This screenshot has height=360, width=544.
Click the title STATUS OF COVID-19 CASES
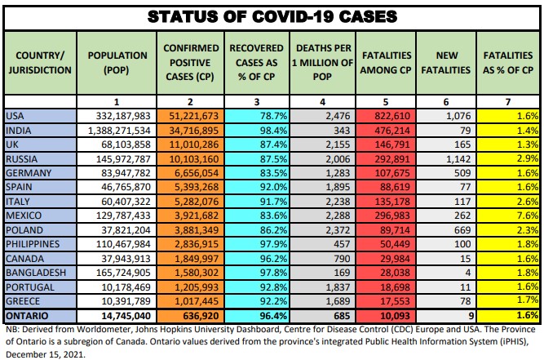point(272,16)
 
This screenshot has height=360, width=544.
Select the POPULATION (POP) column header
point(117,62)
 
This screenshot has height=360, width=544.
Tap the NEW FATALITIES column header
point(446,62)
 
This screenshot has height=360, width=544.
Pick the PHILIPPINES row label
point(33,243)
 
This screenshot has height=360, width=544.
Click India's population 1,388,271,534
point(118,131)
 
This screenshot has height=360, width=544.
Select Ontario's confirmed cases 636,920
point(191,314)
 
